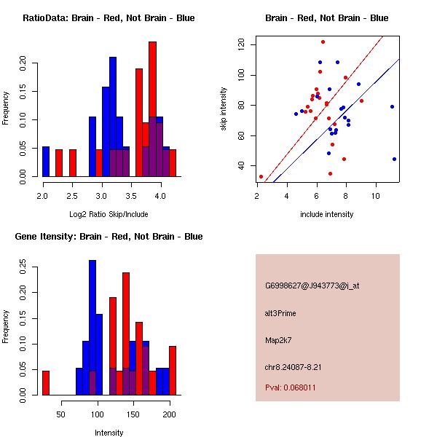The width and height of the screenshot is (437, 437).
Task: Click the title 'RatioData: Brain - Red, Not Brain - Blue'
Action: pos(109,18)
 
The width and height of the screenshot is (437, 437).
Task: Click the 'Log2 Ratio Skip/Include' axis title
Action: pos(109,214)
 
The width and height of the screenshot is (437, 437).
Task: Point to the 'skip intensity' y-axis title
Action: pos(224,109)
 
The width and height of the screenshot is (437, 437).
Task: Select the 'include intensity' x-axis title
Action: pos(327,214)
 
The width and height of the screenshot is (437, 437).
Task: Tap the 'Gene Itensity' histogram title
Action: pos(109,237)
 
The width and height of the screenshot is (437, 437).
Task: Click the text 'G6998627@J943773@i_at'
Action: pos(312,286)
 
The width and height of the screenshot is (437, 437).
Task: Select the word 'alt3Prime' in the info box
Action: pos(281,313)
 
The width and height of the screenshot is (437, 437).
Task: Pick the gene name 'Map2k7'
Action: pos(278,340)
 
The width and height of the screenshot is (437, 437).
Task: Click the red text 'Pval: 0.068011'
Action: pos(291,387)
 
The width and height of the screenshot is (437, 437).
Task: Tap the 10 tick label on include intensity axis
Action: pos(376,196)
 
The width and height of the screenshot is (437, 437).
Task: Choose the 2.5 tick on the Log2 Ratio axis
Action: pos(72,196)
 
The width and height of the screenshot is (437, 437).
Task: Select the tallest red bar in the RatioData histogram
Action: pos(152,109)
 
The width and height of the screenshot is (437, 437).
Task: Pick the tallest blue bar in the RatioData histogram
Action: pos(113,117)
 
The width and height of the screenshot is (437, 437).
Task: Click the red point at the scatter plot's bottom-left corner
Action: pos(261,176)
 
